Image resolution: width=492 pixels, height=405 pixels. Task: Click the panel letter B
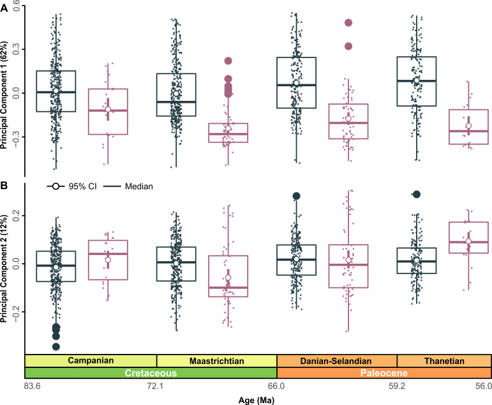pos(4,186)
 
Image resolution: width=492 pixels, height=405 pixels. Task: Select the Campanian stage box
pos(91,360)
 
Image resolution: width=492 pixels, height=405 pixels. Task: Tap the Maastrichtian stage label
pos(216,360)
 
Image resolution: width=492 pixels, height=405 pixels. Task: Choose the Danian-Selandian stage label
pos(336,360)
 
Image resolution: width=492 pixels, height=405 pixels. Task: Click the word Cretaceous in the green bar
pos(151,372)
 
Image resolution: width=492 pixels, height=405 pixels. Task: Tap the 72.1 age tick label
pos(156,386)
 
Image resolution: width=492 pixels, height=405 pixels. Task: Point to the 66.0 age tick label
pos(276,386)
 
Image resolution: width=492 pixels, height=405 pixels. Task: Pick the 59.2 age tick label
pos(397,386)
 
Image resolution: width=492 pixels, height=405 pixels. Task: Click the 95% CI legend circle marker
pos(56,187)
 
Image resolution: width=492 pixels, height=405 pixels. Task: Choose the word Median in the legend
pos(140,187)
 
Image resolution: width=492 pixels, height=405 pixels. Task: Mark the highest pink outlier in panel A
pos(349,22)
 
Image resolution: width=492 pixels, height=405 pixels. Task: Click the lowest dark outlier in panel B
pos(56,346)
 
